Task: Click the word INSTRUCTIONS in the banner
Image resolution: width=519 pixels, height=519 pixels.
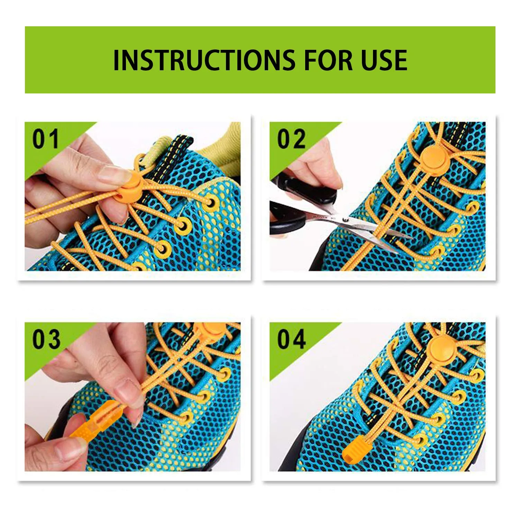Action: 204,60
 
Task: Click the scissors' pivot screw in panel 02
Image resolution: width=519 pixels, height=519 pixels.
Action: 345,219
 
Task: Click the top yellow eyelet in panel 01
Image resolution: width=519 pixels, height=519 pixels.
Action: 209,202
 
